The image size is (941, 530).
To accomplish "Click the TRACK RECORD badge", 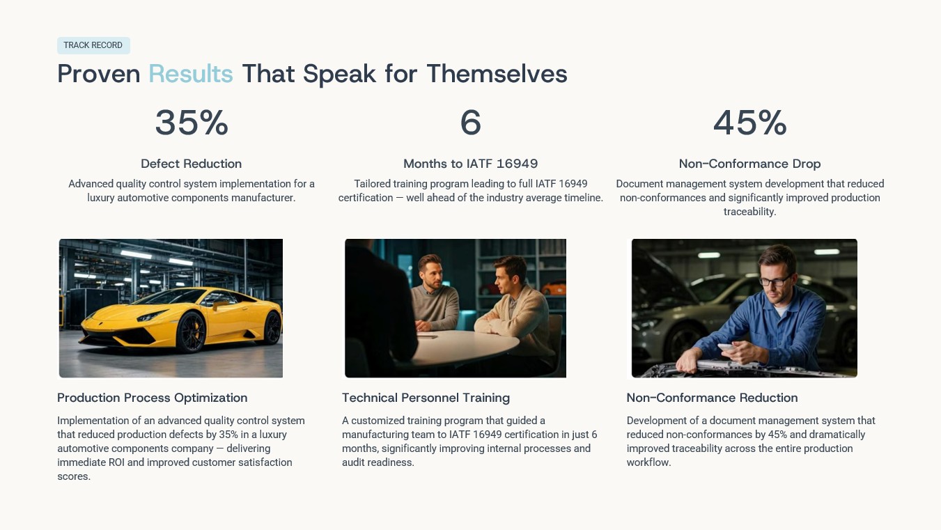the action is (x=93, y=45).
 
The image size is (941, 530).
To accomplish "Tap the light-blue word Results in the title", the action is (x=191, y=74).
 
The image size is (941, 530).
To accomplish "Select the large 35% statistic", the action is (x=192, y=123).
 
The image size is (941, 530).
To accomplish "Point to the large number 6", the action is (x=471, y=123).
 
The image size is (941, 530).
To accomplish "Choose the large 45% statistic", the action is (x=750, y=123).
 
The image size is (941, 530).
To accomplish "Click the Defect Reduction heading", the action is (x=191, y=164).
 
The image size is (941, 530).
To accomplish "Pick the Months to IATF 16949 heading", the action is (x=471, y=164).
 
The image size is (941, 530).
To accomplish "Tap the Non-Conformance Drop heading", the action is (x=750, y=164).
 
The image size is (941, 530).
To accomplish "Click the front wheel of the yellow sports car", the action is (x=191, y=332).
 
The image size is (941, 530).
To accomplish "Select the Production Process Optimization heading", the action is (x=152, y=398).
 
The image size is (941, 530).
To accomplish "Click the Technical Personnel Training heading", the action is (x=426, y=398).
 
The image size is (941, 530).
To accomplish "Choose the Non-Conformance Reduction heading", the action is (x=712, y=398).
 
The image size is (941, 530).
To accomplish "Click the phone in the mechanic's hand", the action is (x=726, y=348).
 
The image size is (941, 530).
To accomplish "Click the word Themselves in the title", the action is (x=497, y=74).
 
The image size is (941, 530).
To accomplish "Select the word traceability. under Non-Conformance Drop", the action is (x=750, y=212).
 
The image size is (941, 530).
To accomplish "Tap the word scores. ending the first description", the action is (x=74, y=476).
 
